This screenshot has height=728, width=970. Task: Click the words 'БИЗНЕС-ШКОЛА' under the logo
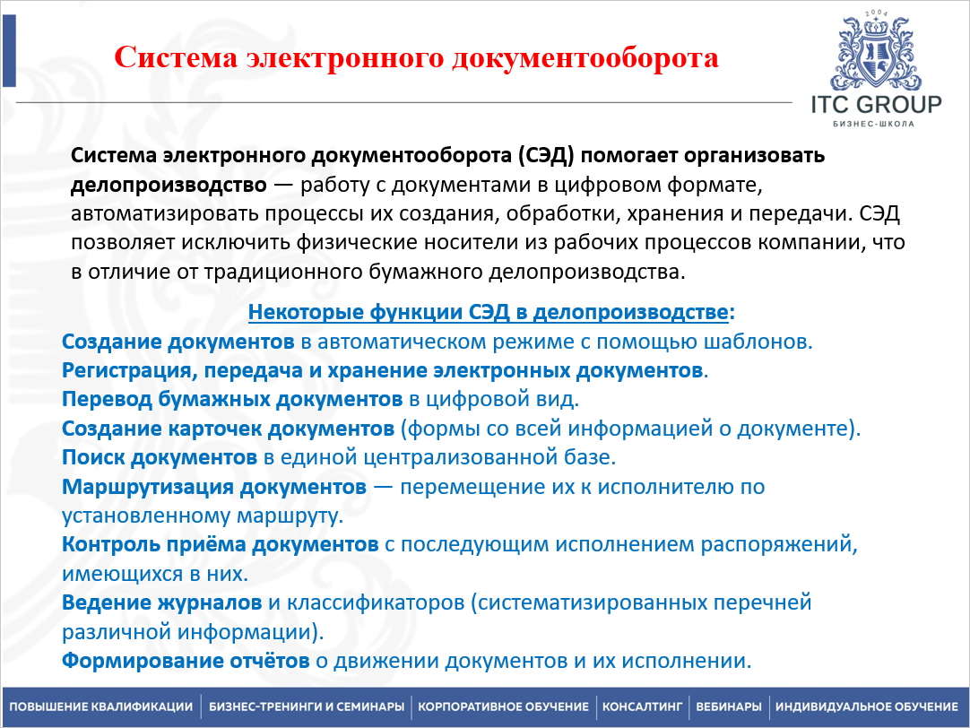click(873, 124)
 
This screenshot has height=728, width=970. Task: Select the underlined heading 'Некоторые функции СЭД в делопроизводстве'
click(488, 313)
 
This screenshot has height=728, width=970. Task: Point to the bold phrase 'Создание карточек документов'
click(228, 428)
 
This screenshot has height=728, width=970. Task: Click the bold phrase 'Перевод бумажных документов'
click(231, 399)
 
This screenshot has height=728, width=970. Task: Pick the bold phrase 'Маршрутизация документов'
click(214, 487)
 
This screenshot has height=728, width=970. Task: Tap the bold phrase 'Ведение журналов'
click(162, 602)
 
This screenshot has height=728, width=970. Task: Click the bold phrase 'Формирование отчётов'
click(186, 662)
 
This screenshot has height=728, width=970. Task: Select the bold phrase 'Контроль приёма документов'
click(220, 544)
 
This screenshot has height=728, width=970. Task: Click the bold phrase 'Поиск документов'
click(160, 457)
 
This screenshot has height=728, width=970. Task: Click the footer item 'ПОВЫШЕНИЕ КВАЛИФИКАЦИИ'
click(101, 706)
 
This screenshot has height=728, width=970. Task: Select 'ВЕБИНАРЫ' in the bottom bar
click(729, 706)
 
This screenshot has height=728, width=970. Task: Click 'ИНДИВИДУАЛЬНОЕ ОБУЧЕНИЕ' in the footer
click(867, 706)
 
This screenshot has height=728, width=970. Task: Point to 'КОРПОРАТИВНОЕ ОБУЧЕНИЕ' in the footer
click(503, 706)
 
